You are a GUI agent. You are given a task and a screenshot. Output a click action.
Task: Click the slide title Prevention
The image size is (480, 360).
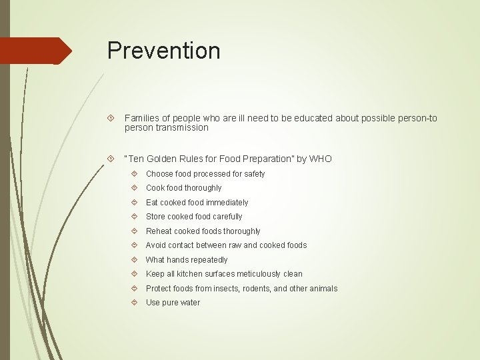click(163, 51)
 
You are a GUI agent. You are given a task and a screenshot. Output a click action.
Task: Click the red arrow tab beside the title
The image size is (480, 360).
click(37, 51)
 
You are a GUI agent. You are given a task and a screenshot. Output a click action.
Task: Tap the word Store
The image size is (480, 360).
click(156, 217)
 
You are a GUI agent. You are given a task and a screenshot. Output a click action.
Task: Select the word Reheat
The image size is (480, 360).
click(159, 231)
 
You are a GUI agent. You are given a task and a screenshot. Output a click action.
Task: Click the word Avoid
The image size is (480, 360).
click(157, 245)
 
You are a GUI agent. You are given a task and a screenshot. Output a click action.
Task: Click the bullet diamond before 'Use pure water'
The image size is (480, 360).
click(134, 303)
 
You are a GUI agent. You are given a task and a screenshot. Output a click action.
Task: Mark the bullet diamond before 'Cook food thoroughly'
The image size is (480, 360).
click(134, 188)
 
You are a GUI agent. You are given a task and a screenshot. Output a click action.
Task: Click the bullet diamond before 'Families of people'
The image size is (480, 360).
click(111, 119)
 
